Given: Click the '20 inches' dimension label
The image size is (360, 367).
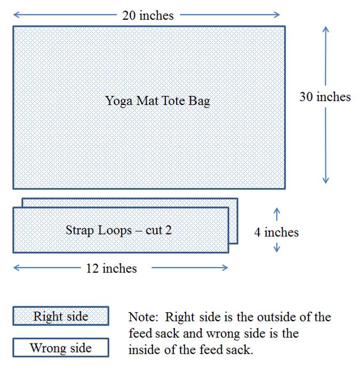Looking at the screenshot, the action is pyautogui.click(x=148, y=15).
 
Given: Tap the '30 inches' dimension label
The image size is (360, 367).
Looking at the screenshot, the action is pyautogui.click(x=325, y=96).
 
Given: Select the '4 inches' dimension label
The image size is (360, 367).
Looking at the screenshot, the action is pyautogui.click(x=277, y=232).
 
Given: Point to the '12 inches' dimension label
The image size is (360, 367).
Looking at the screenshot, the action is pyautogui.click(x=111, y=268).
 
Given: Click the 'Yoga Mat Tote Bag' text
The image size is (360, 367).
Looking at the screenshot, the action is pyautogui.click(x=157, y=101).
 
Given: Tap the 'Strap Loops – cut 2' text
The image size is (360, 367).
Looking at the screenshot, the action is pyautogui.click(x=118, y=230).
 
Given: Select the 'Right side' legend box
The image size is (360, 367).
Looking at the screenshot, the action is pyautogui.click(x=61, y=316).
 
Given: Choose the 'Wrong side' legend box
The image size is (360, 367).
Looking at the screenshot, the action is pyautogui.click(x=61, y=348).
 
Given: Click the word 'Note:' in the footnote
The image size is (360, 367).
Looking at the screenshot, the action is pyautogui.click(x=143, y=317).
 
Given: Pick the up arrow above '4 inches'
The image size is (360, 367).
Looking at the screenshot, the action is pyautogui.click(x=277, y=214).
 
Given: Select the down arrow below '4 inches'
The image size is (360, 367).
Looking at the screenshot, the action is pyautogui.click(x=277, y=247).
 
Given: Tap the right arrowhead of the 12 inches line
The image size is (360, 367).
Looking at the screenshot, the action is pyautogui.click(x=227, y=268).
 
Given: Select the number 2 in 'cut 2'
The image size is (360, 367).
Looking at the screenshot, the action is pyautogui.click(x=169, y=230).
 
